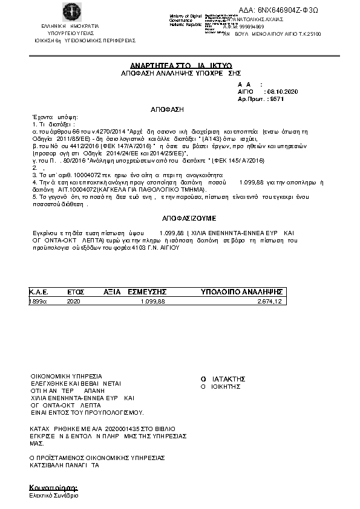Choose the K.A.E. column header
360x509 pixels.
click(x=39, y=292)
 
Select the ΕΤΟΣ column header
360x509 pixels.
click(x=76, y=292)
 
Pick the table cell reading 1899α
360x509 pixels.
click(x=38, y=300)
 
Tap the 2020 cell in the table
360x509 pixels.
click(x=73, y=300)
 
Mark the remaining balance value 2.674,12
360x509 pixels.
click(x=270, y=300)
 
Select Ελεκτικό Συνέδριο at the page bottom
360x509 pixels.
click(x=54, y=495)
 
